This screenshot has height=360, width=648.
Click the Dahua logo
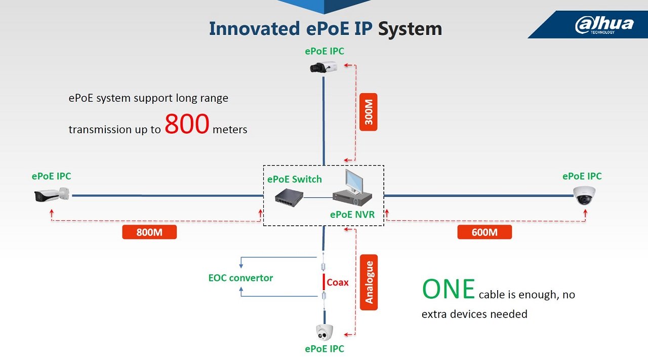tap(604, 25)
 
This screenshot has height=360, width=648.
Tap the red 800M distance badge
tap(149, 232)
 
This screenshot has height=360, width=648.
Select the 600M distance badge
tap(484, 232)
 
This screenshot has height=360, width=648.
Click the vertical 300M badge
tap(369, 112)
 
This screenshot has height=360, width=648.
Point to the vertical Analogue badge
tap(369, 282)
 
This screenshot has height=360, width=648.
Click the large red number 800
tap(187, 124)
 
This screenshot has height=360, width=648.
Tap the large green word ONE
tap(448, 289)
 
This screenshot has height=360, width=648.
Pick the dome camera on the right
tap(584, 195)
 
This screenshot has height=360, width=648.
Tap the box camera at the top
tap(323, 67)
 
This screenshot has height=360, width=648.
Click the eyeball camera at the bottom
tap(324, 333)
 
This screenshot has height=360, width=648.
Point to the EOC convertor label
tap(240, 278)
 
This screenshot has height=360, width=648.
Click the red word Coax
tap(338, 283)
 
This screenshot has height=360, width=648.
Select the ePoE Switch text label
tap(294, 179)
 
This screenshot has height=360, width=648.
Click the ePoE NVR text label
tap(352, 214)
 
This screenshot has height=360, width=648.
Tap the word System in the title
tap(410, 28)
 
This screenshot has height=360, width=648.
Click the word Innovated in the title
tap(255, 28)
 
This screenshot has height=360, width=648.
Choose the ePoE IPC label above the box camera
tap(325, 51)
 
